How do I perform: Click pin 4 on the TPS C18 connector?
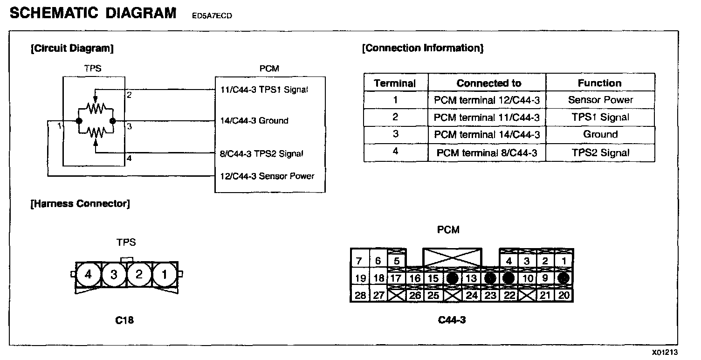[x=89, y=274]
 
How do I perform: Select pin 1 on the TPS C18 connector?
[x=164, y=274]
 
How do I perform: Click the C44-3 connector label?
[x=452, y=320]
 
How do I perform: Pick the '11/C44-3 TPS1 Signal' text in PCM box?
[x=264, y=90]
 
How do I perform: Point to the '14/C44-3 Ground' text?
[x=254, y=121]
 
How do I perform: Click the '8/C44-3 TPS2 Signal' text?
[x=262, y=153]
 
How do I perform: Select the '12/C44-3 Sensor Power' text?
[x=268, y=176]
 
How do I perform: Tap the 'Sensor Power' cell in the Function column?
[x=600, y=100]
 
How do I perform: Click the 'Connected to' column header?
[x=488, y=83]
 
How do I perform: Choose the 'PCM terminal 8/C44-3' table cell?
[x=487, y=153]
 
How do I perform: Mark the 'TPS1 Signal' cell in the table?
[x=600, y=118]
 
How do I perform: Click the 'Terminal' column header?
[x=395, y=83]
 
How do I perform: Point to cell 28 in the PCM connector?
[x=360, y=295]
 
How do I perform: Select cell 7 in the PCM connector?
[x=359, y=261]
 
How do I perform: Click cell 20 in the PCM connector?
[x=564, y=295]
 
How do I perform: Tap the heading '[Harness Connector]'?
[x=80, y=204]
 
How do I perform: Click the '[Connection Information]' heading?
[x=423, y=48]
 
